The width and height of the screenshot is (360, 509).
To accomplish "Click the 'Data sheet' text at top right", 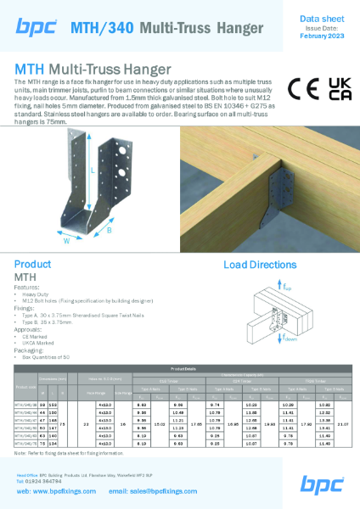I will [323, 17].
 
